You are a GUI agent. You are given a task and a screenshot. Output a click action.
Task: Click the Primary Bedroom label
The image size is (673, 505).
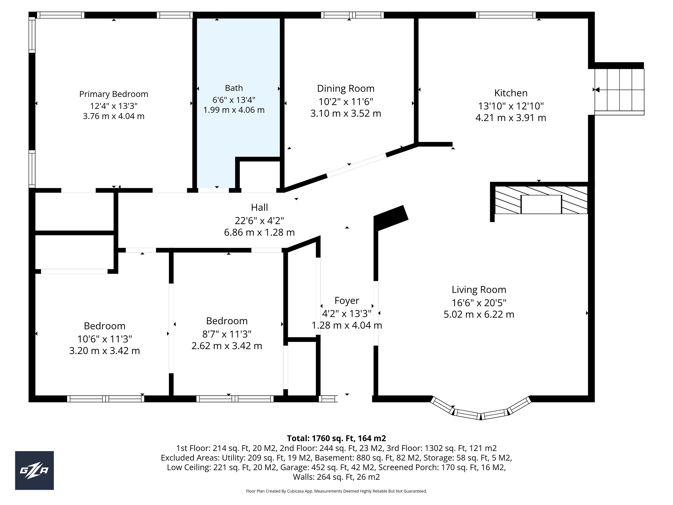pyautogui.click(x=114, y=94)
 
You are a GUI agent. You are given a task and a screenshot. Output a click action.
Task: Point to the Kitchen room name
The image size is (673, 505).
pyautogui.click(x=511, y=93)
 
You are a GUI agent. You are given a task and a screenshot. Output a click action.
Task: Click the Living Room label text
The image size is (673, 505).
pyautogui.click(x=479, y=289)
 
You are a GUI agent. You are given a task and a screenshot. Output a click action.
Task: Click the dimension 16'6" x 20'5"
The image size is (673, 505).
pyautogui.click(x=479, y=303)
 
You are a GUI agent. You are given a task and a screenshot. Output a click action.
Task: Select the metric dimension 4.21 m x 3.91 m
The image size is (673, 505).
pyautogui.click(x=511, y=118)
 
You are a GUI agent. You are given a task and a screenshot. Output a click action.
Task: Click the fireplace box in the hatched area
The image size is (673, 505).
pyautogui.click(x=541, y=204)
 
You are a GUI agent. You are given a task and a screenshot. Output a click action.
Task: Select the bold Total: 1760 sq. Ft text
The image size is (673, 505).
pyautogui.click(x=336, y=438)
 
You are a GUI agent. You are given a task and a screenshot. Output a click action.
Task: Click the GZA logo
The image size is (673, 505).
pyautogui.click(x=34, y=470)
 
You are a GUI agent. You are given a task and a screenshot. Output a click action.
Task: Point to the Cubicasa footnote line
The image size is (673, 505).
pyautogui.click(x=336, y=491)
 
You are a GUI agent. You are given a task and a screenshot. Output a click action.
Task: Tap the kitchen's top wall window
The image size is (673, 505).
pyautogui.click(x=506, y=15)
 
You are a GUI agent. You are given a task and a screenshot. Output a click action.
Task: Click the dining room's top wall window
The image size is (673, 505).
pyautogui.click(x=352, y=15)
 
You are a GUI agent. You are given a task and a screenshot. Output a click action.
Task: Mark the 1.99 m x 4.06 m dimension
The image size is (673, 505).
pyautogui.click(x=234, y=110)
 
